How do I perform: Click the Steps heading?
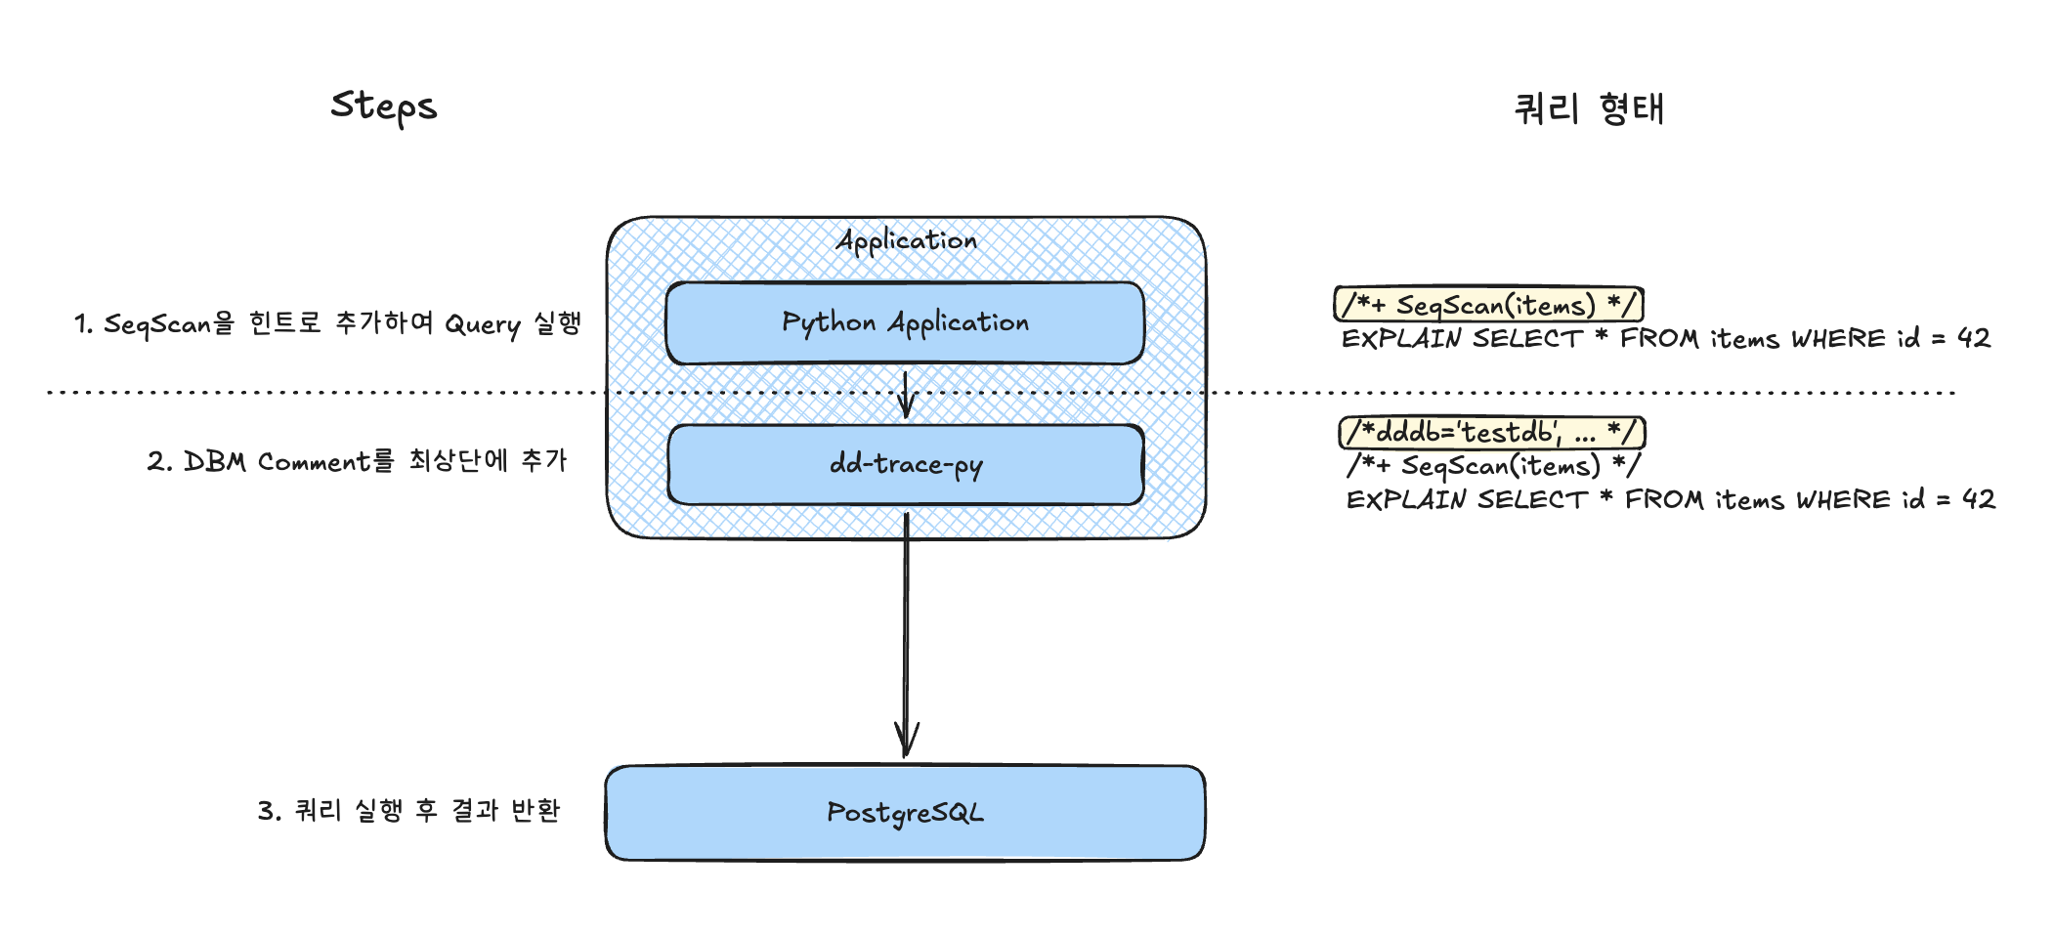click(384, 106)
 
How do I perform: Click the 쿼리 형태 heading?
click(1589, 108)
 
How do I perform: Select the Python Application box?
click(905, 323)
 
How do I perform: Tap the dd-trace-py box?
click(906, 464)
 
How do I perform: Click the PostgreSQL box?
click(905, 813)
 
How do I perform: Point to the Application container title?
click(907, 240)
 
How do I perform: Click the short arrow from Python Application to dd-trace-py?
click(906, 395)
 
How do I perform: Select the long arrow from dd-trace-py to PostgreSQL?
click(906, 635)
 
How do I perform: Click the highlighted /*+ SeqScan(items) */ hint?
click(1489, 304)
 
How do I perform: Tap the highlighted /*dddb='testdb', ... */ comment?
click(1492, 432)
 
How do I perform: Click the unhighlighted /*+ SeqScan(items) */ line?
click(1493, 465)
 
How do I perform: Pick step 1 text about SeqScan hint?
click(327, 323)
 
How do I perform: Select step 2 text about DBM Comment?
click(357, 460)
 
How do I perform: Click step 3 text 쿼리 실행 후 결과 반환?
click(408, 810)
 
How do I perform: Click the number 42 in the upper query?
click(1974, 338)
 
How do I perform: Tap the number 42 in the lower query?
click(1979, 499)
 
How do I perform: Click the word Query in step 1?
click(483, 324)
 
